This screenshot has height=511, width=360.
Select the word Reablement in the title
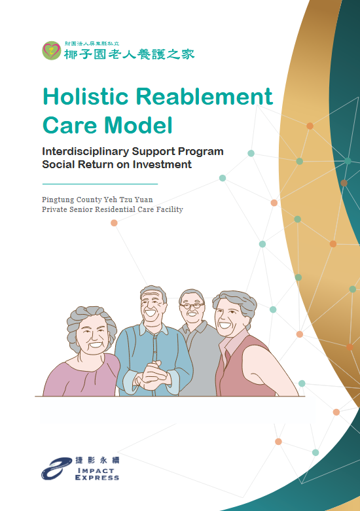tap(204, 97)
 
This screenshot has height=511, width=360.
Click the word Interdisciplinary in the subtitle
tap(90, 152)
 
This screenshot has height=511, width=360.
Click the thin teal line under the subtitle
tap(99, 184)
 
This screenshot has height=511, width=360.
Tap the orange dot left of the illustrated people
tap(114, 223)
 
